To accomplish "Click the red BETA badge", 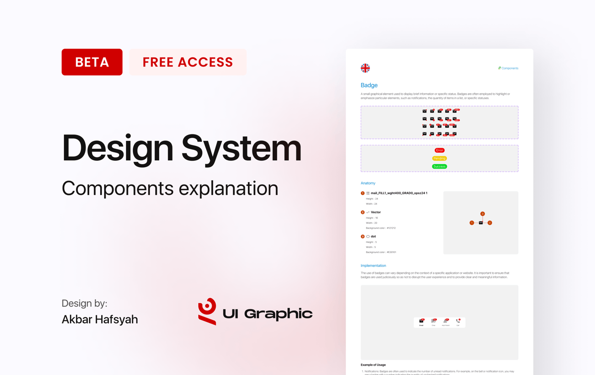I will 92,62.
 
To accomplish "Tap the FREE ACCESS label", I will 187,62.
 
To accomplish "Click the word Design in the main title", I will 117,148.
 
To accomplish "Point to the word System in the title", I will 241,148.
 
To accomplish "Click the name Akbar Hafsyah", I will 100,319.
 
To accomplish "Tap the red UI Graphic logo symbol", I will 207,312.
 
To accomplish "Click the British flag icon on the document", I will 365,68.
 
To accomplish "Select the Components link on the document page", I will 508,68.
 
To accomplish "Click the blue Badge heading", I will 369,85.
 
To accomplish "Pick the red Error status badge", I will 439,150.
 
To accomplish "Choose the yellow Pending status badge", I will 439,158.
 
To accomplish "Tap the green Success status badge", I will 439,167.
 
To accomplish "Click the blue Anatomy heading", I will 368,183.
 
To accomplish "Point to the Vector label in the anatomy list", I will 376,212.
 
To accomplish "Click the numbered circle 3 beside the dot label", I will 362,237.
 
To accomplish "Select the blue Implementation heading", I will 373,266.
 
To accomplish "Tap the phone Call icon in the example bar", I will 458,321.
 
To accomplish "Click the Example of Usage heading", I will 373,365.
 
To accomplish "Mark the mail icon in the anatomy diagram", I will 480,223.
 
